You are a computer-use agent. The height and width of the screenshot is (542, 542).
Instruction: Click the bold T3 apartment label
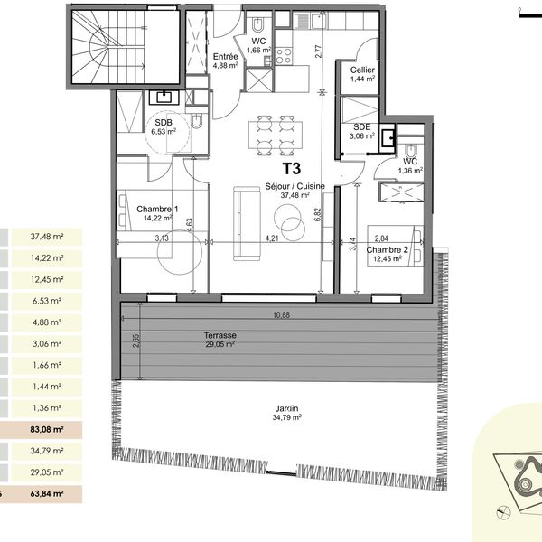pos(292,168)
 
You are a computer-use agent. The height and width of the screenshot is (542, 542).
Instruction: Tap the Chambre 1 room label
pos(157,210)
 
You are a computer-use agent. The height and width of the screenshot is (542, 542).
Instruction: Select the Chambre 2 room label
pos(388,249)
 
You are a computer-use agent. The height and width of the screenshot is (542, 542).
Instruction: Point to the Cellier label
pos(362,70)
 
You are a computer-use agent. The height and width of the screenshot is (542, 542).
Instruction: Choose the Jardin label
pos(286,408)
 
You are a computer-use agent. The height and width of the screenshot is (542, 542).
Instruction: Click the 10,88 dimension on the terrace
pos(281,315)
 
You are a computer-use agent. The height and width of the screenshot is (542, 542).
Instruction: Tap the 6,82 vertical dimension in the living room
pos(318,214)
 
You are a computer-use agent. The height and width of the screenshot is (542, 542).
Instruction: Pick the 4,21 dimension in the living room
pos(271,238)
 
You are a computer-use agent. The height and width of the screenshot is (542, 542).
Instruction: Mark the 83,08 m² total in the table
pos(47,430)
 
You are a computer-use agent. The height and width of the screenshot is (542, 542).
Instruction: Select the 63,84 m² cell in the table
pos(47,493)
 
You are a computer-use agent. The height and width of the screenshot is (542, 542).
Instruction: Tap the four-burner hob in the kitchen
pos(284,56)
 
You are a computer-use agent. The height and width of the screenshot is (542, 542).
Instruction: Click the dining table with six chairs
pos(276,135)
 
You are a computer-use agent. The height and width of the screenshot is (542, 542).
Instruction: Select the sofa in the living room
pos(247,224)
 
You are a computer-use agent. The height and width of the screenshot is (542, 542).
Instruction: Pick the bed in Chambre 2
pos(395,246)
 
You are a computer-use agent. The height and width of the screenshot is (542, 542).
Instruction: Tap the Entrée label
pos(225,56)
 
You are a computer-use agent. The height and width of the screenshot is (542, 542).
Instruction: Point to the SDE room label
pos(362,127)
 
